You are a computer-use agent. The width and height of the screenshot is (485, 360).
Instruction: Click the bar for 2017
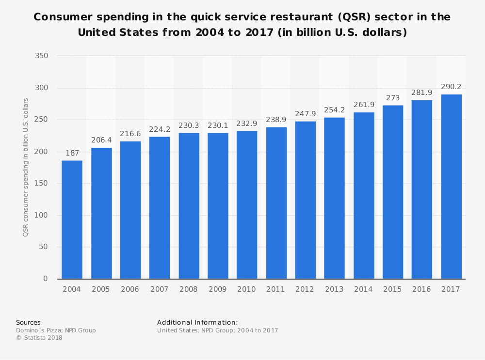(451, 187)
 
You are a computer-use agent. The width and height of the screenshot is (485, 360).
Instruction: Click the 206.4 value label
(101, 140)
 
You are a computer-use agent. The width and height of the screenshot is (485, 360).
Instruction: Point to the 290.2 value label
(451, 87)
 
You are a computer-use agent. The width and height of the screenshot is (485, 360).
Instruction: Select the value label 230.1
(218, 125)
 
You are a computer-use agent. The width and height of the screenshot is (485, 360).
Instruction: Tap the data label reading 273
(393, 98)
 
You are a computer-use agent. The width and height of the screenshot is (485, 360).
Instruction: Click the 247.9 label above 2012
(305, 114)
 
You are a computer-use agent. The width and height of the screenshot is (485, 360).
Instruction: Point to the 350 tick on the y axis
(42, 56)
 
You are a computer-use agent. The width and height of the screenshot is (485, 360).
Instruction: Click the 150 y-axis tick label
(42, 184)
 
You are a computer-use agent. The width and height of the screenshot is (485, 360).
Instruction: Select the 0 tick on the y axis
(46, 279)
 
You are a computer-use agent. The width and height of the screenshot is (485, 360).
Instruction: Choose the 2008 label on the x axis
(189, 289)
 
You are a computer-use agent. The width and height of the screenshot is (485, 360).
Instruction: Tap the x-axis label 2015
(393, 289)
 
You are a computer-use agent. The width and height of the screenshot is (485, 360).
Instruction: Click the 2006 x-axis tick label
(130, 289)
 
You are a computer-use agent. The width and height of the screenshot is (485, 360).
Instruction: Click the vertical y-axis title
(26, 167)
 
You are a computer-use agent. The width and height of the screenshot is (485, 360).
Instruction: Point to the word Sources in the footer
(28, 322)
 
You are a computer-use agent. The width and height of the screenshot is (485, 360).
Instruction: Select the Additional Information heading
(197, 322)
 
